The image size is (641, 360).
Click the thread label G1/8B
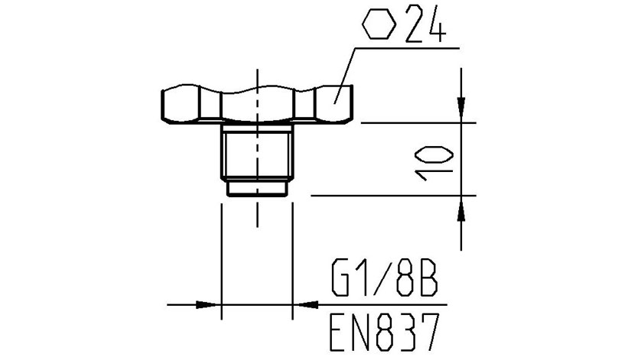(x=385, y=280)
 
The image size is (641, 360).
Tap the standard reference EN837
(x=385, y=331)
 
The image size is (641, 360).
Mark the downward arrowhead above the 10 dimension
(x=462, y=111)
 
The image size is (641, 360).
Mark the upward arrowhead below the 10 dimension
(x=462, y=208)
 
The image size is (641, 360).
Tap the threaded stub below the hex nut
(x=257, y=153)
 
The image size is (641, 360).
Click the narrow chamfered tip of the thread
(x=257, y=188)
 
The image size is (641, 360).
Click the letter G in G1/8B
(x=341, y=280)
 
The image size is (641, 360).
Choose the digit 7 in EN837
(x=429, y=331)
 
